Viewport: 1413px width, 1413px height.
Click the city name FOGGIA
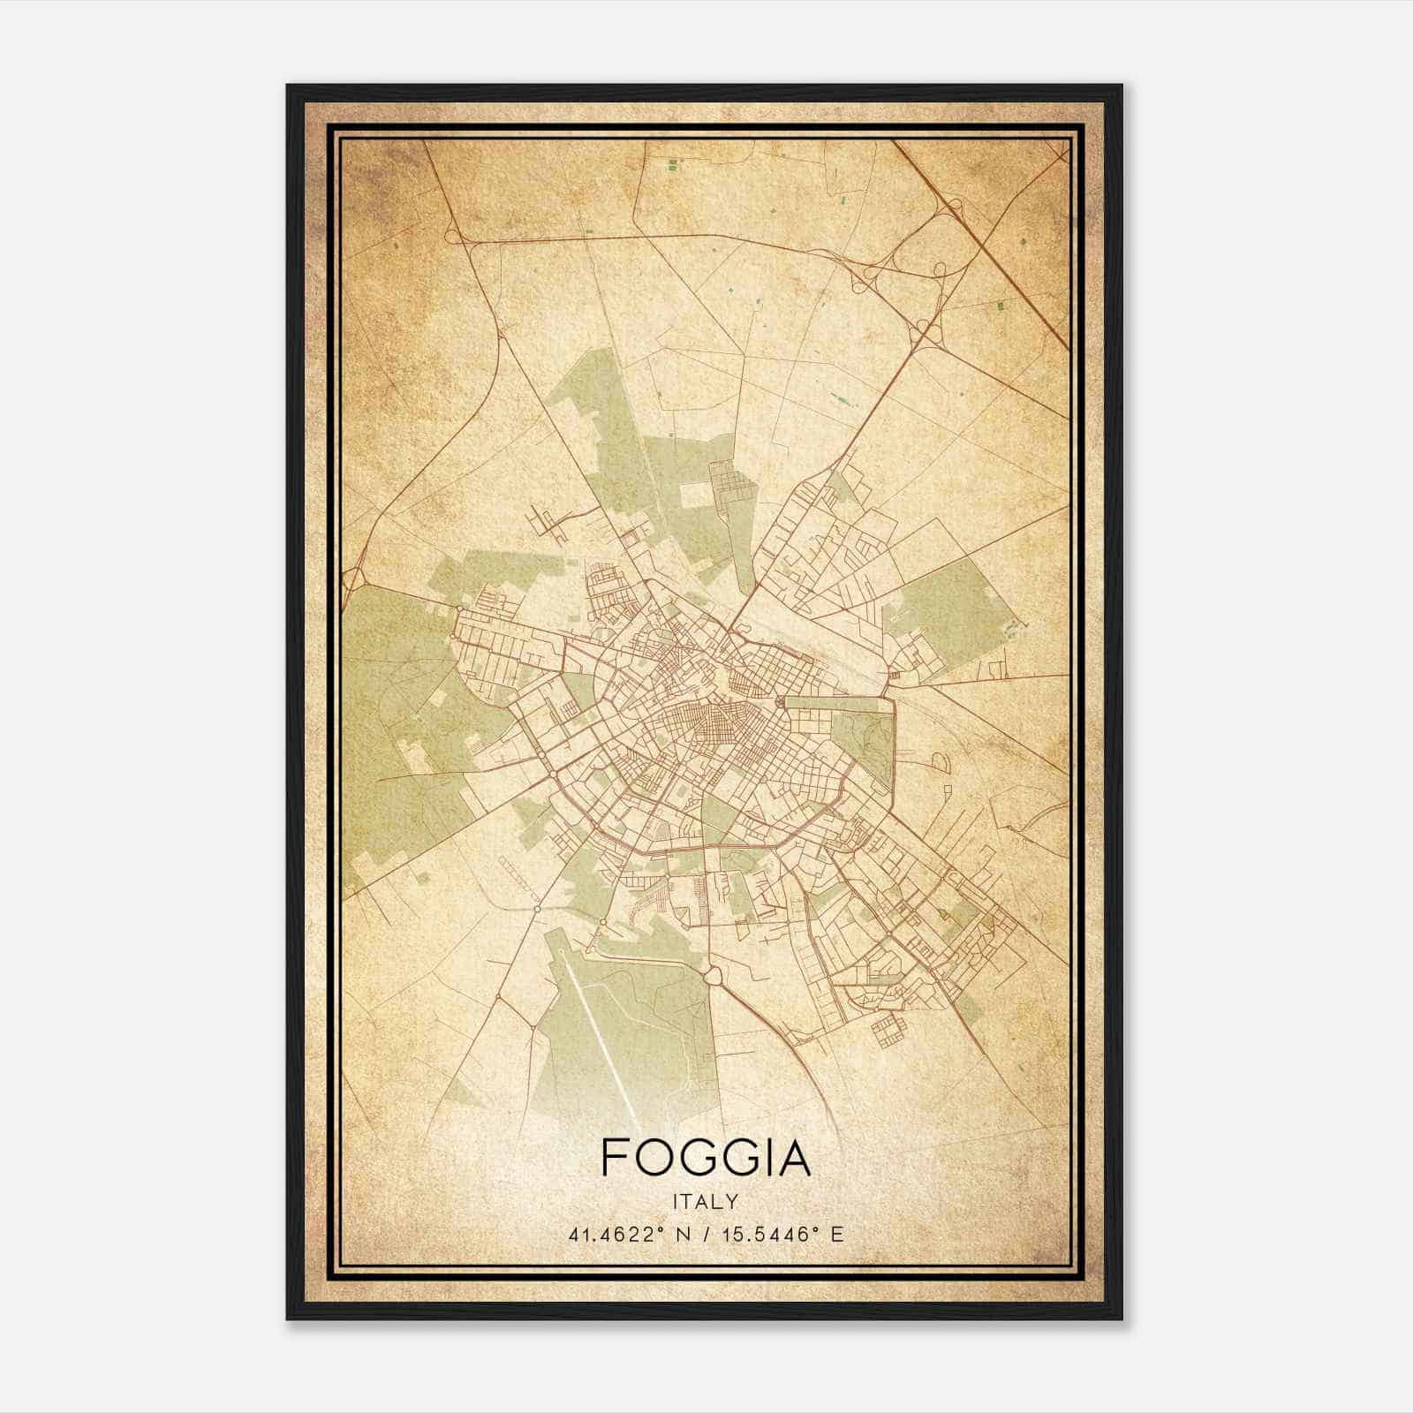[x=705, y=1157]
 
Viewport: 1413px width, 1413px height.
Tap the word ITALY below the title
[x=705, y=1202]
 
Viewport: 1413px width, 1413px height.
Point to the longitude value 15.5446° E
[x=780, y=1234]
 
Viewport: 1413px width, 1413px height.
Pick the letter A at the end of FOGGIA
[x=793, y=1157]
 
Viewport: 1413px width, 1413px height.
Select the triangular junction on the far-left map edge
[x=354, y=578]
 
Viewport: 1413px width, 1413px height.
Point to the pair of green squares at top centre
[x=674, y=164]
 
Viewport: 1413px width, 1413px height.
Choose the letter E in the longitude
[x=837, y=1234]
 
